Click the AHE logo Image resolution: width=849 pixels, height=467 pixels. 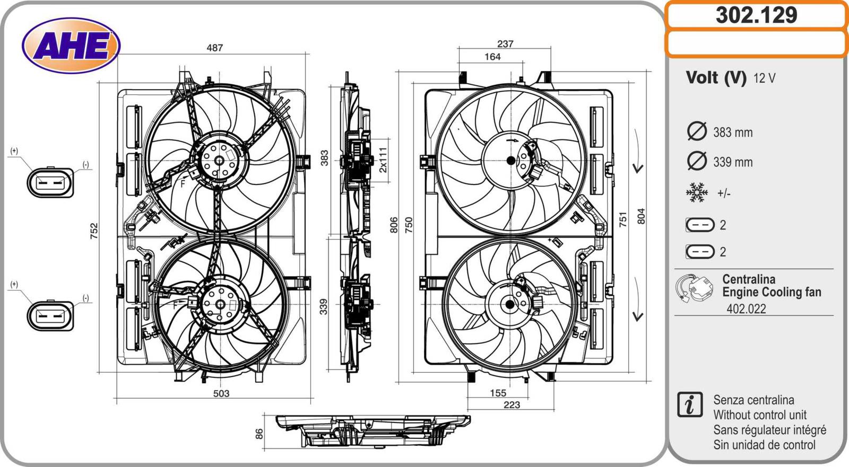pos(71,45)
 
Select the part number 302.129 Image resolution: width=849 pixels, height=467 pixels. pos(756,15)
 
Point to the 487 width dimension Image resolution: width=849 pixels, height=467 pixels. pos(214,48)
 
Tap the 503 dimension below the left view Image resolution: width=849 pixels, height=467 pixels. pos(221,393)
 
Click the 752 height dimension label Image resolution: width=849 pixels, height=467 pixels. pos(94,231)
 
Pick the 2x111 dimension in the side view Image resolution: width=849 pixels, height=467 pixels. pos(383,160)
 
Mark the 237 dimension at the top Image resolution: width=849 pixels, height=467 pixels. pos(505,44)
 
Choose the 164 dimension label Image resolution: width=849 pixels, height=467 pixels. pos(492,57)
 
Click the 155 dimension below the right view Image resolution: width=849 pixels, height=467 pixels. pos(498,393)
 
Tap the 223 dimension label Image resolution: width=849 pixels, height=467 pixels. pos(512,405)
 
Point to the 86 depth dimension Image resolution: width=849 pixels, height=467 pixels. pos(259,434)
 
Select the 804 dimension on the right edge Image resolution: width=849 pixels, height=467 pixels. pos(641,216)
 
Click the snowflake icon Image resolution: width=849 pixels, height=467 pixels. pos(697,193)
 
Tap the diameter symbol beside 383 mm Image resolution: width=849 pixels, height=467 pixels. pos(697,131)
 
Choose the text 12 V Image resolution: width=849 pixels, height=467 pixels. pos(764,78)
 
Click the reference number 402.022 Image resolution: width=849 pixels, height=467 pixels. pos(746,309)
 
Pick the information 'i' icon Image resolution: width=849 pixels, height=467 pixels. pos(690,405)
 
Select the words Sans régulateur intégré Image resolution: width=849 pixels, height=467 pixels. pos(769,430)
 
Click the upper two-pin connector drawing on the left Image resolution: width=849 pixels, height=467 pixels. pos(50,182)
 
